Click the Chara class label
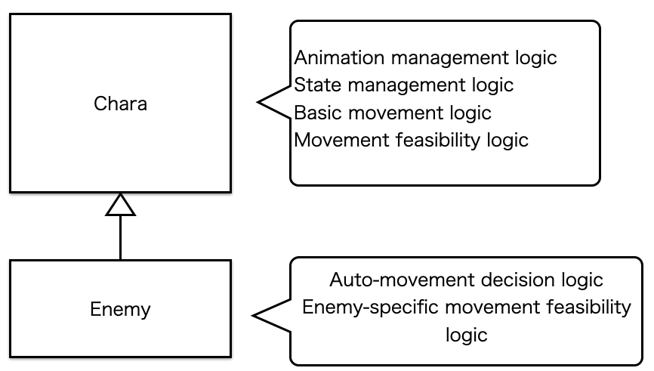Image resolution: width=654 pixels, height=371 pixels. tap(120, 104)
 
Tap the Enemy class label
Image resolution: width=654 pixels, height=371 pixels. tap(120, 309)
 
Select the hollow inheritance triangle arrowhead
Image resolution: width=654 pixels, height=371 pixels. tap(121, 205)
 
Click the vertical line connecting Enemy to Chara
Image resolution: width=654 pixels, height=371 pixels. tap(121, 237)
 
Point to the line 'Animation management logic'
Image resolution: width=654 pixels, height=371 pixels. tap(425, 58)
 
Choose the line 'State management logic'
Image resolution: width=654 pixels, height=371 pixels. tap(404, 85)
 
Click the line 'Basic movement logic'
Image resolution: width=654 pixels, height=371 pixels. tap(393, 113)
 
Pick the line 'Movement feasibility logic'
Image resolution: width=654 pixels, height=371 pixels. tap(412, 141)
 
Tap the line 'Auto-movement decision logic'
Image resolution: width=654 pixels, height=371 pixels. tap(466, 280)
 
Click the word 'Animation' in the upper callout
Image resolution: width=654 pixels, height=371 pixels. tap(339, 57)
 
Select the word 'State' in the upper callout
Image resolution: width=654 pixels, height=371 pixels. tap(318, 85)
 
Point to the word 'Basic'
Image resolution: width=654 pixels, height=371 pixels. tap(318, 113)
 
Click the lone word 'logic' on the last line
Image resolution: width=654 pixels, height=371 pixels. tap(466, 335)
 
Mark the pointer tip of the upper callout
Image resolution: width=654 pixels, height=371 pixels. tap(258, 102)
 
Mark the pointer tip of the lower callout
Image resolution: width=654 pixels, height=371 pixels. tap(253, 316)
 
